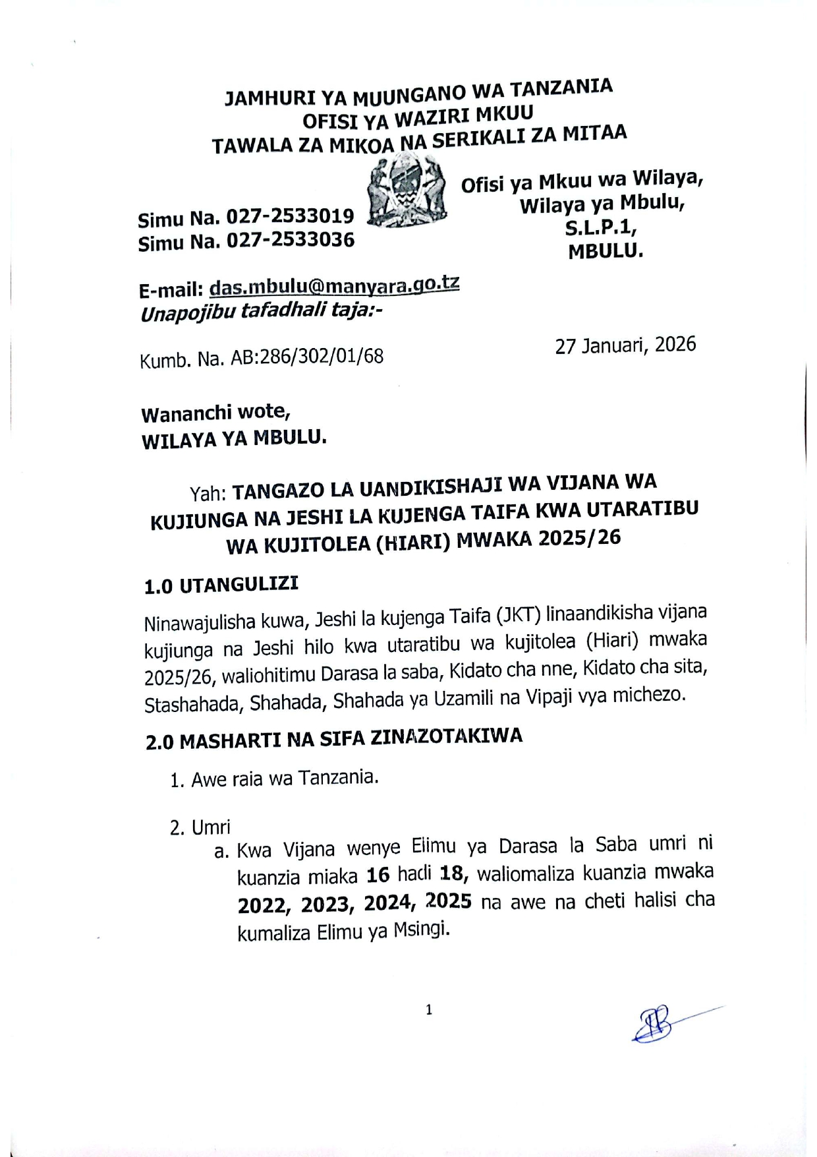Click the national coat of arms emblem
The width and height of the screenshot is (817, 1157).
tap(406, 193)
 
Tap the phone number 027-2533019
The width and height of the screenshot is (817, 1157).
tap(291, 216)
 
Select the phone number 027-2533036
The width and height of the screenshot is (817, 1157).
tap(291, 241)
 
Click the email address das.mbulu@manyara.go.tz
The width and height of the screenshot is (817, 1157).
tap(334, 286)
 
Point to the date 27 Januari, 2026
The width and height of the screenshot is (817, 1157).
tap(625, 345)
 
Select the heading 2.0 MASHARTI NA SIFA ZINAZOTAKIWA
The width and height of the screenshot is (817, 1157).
tap(334, 738)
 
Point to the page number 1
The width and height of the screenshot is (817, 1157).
tap(429, 1009)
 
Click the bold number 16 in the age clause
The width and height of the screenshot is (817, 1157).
tap(378, 875)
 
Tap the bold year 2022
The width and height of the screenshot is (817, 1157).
tap(264, 906)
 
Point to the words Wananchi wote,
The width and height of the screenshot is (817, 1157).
tap(216, 413)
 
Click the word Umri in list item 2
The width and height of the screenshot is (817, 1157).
tap(211, 827)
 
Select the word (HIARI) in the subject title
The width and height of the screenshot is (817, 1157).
tap(412, 543)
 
